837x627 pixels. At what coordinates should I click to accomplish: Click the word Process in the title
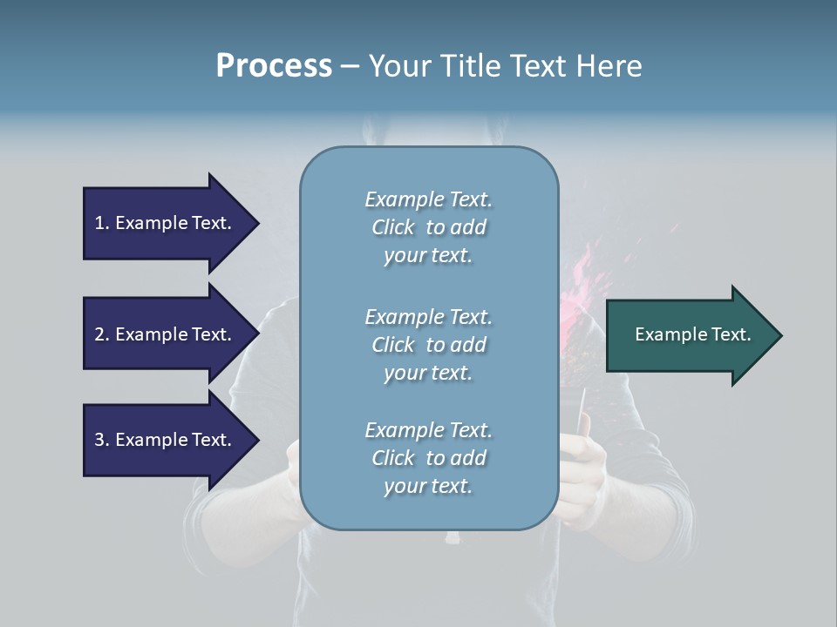[274, 66]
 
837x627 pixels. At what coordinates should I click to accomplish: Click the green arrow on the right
[689, 335]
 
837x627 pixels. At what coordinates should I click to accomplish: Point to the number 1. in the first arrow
[102, 223]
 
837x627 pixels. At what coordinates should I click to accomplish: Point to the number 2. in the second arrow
[102, 334]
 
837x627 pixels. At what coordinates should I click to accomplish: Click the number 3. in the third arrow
[102, 440]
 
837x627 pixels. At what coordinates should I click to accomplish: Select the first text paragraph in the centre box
[428, 227]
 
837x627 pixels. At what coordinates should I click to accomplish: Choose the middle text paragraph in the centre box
[428, 345]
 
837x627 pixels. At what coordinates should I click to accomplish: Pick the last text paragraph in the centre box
[428, 458]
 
